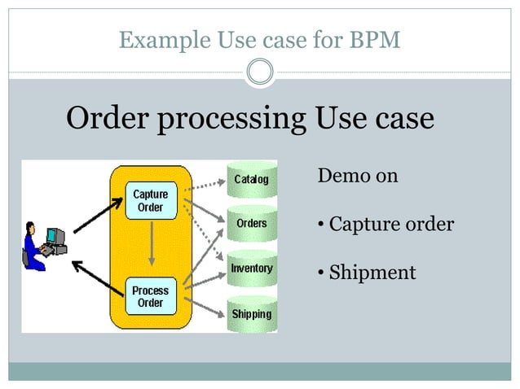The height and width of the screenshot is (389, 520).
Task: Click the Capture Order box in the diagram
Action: click(x=151, y=200)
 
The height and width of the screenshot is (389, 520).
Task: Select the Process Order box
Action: click(x=151, y=296)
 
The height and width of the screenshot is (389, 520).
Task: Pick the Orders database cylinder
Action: click(x=250, y=223)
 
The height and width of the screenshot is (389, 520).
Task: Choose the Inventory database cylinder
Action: click(x=251, y=268)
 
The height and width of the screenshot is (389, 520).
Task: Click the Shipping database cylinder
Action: click(x=251, y=313)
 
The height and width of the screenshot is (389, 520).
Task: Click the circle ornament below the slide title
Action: click(x=260, y=72)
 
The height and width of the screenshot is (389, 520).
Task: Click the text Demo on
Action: click(x=357, y=175)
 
